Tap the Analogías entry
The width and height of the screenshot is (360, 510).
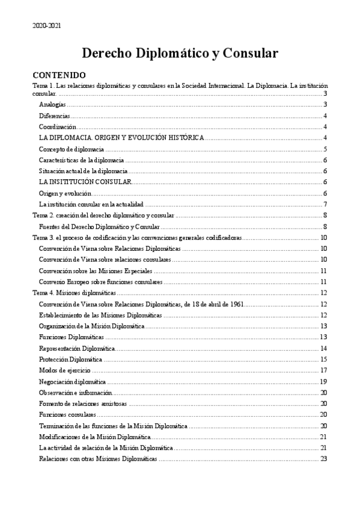tap(52, 105)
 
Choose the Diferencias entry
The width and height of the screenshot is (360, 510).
tap(54, 115)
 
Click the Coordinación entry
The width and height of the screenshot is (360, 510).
tap(58, 127)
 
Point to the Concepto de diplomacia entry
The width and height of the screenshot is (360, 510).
tap(73, 149)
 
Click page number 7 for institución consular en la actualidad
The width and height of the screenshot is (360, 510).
tap(325, 204)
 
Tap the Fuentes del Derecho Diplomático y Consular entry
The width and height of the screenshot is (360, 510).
tap(99, 227)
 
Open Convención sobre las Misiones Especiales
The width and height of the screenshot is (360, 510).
tap(96, 271)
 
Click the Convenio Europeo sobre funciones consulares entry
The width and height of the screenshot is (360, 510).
tap(100, 282)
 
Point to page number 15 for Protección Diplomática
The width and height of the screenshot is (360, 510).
tap(323, 360)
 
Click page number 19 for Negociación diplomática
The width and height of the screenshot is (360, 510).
tap(323, 382)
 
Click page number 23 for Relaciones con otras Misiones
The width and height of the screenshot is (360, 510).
tap(323, 459)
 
